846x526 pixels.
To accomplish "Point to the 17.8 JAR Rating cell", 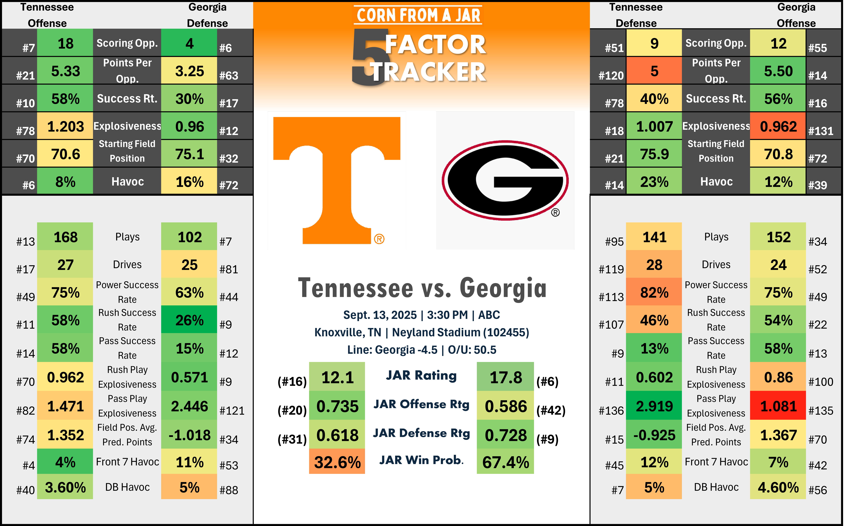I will point(505,377).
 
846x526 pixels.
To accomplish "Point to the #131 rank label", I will point(821,131).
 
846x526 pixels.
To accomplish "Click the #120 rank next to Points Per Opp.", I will point(611,75).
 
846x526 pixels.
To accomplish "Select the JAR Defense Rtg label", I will point(421,433).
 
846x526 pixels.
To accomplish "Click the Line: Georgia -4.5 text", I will point(392,350).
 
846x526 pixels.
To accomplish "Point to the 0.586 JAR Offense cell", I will point(505,406).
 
